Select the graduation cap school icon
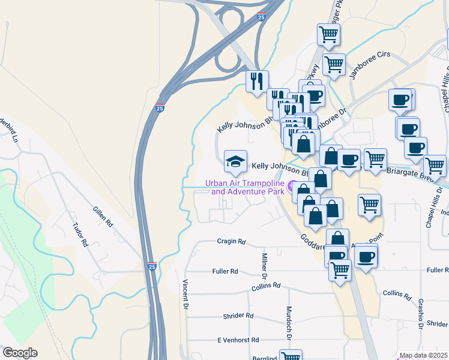[235, 161]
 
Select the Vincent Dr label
[186, 293]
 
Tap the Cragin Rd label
[232, 242]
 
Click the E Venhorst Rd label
[237, 340]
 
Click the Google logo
[20, 353]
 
